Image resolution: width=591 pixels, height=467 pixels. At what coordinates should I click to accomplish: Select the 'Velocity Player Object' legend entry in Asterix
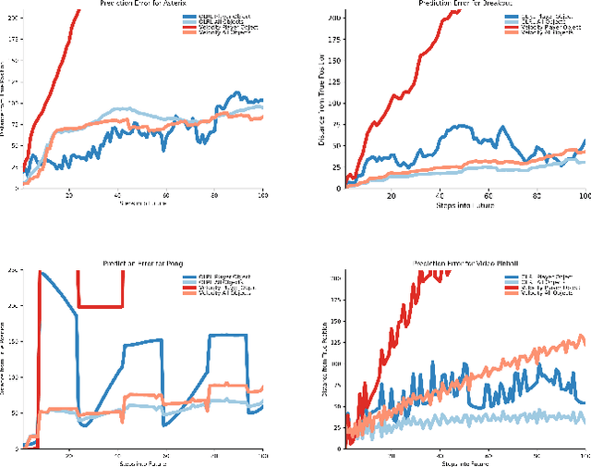[222, 27]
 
